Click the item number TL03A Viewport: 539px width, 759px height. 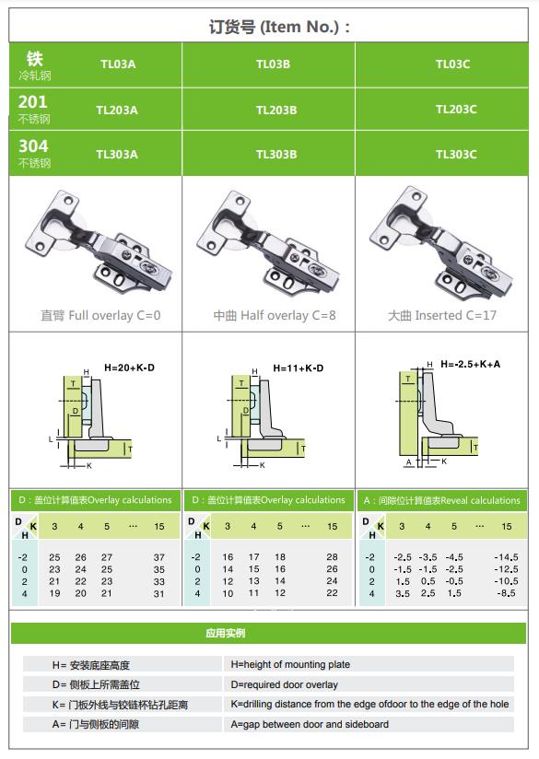coord(118,64)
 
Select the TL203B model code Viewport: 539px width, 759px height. coord(276,111)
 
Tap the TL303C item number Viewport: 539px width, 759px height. coord(456,155)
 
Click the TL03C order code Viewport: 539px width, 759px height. coord(452,64)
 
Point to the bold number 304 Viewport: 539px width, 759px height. coord(33,146)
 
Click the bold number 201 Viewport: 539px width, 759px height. coord(33,101)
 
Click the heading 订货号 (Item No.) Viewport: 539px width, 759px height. coord(279,27)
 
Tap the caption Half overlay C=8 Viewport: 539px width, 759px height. coord(288,316)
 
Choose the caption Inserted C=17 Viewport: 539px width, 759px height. coord(456,316)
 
